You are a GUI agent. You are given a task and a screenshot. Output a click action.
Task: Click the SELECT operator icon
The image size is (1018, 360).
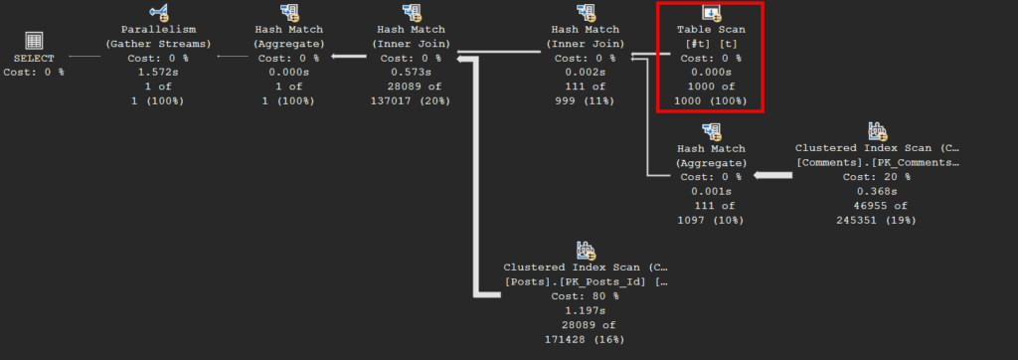pos(34,41)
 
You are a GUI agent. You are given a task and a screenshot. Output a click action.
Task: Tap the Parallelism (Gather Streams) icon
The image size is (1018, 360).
pos(158,12)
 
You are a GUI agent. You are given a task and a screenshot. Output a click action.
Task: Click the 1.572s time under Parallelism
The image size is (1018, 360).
pos(158,73)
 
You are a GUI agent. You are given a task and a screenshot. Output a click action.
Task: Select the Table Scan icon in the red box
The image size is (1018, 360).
pos(712,12)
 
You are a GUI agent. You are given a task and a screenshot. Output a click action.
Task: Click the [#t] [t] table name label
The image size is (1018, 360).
pos(711,44)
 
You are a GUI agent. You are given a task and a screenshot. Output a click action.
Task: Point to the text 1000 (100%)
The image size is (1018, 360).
pos(711,101)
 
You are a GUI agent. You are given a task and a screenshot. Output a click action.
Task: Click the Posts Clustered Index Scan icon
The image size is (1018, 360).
pos(586,251)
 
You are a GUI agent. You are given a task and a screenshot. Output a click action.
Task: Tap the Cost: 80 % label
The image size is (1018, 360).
pos(586,296)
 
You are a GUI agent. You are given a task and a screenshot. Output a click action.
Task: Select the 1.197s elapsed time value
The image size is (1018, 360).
pos(586,310)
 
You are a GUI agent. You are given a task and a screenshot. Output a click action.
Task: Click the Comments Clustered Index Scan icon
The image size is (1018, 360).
pos(877,131)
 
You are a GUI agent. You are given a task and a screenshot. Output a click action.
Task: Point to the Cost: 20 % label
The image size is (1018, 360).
pos(877,177)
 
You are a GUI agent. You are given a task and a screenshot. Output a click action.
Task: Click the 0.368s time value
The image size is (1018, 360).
pos(877,192)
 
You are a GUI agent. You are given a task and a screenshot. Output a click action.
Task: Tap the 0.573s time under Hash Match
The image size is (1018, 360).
pos(411,73)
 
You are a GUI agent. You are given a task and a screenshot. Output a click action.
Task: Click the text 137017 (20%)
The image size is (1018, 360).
pos(411,101)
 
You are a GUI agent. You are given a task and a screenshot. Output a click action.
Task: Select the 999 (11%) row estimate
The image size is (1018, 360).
pos(586,101)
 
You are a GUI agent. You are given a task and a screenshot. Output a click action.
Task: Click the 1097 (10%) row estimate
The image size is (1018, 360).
pos(711,221)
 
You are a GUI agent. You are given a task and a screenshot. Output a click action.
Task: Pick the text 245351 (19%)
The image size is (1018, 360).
pos(877,221)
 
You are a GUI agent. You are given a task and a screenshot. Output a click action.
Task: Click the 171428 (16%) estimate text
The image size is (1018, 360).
pos(586,339)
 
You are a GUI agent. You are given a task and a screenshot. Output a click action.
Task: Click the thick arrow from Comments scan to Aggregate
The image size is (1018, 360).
pos(772,175)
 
